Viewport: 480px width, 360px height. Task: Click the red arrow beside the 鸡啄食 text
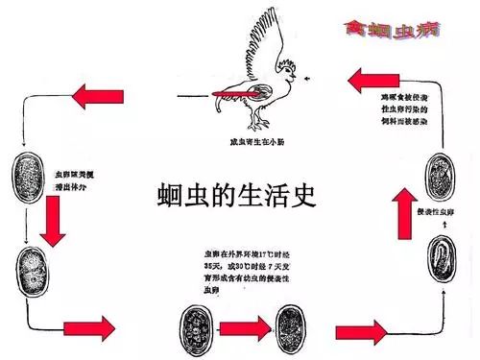coord(366,82)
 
